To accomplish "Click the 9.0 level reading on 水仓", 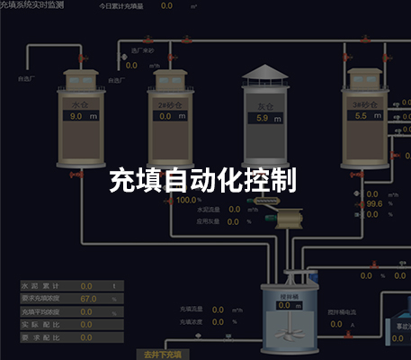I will (x=76, y=116).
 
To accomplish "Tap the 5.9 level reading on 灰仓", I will (x=263, y=118).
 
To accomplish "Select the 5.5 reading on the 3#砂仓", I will (x=362, y=116).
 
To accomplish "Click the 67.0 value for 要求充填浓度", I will (x=87, y=298).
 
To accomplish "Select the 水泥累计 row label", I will (x=38, y=285).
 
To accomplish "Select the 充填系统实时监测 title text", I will (x=39, y=5).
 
